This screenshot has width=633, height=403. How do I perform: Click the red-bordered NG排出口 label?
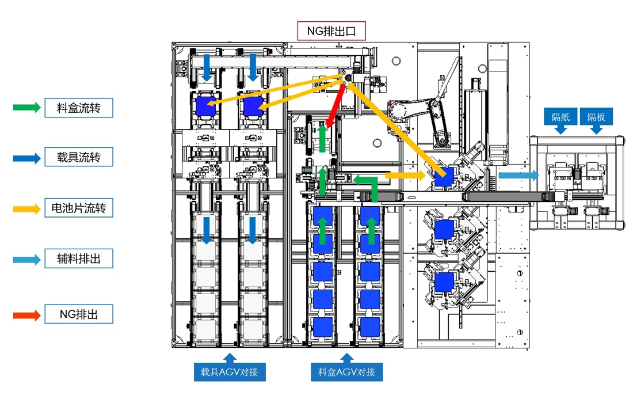331,31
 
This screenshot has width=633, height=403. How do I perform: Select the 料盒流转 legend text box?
78,108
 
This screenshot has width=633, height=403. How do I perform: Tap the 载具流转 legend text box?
78,157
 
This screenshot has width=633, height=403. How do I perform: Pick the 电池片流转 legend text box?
78,208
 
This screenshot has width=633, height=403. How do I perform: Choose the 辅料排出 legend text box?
78,259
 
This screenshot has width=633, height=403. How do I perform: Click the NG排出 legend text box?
78,314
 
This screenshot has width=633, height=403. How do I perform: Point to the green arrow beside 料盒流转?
26,108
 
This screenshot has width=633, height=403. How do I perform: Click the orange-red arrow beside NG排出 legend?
26,315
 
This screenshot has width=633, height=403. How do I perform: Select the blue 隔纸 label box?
560,117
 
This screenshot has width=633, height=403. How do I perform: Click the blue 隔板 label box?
596,117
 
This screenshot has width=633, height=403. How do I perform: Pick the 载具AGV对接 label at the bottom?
230,372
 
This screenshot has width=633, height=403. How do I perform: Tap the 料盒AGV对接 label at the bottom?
346,372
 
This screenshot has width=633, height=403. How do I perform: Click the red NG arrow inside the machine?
335,107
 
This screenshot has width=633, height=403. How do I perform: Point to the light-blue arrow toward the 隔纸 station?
518,175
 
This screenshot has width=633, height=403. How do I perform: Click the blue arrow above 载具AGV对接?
230,357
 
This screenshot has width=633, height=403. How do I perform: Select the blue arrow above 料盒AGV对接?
346,357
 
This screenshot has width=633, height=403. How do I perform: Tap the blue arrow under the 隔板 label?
596,130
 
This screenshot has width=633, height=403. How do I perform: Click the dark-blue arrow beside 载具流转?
26,157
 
